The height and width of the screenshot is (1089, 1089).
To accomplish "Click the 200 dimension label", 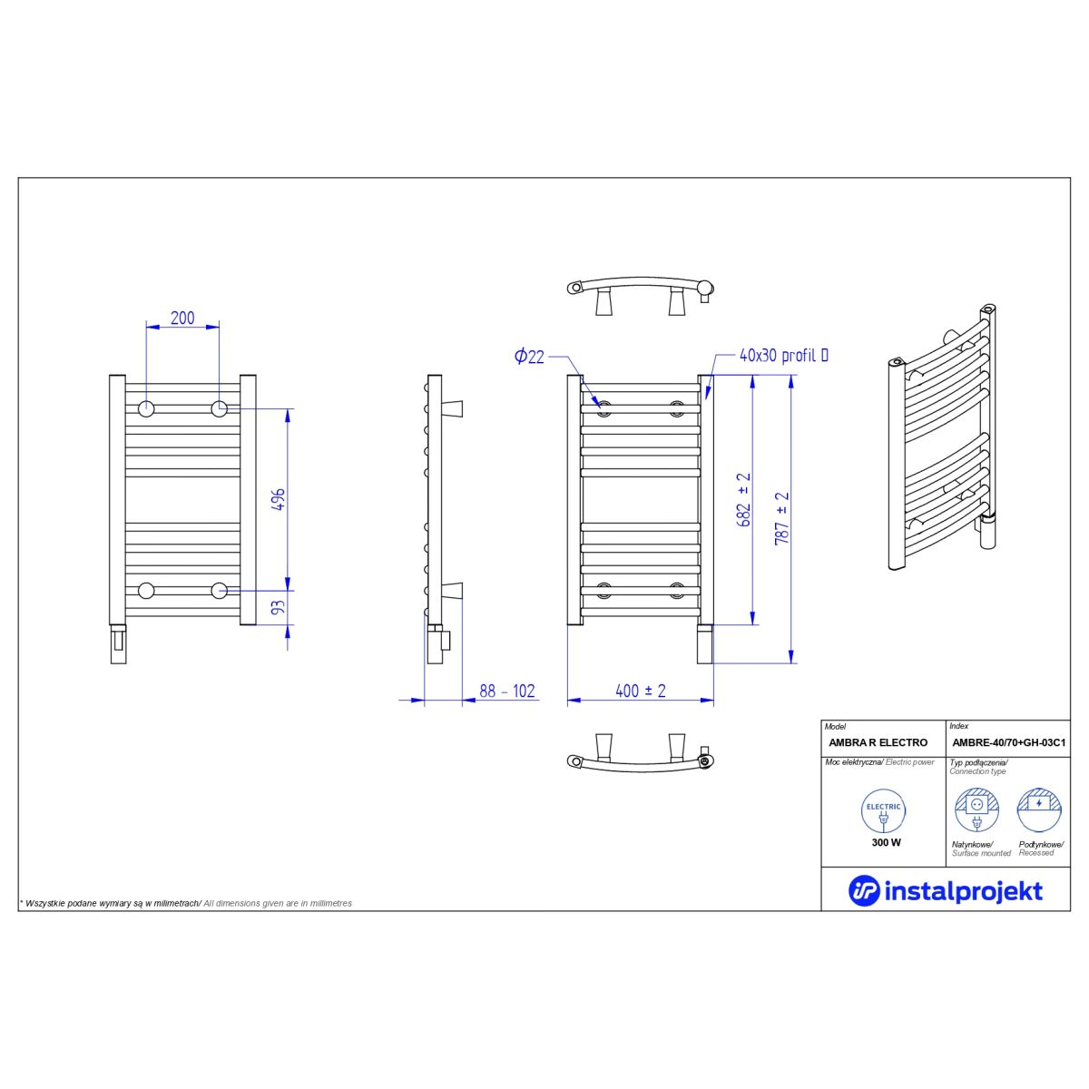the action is tap(182, 318).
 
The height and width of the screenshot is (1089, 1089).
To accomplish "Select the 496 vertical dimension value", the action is tap(279, 499).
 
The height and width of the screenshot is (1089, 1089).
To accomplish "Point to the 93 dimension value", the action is tap(279, 607).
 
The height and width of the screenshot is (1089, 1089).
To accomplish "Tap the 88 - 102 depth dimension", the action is tap(507, 691).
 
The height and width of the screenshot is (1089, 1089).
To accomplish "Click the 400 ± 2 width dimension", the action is tap(641, 691).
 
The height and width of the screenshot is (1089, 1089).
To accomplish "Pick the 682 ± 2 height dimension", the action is tap(744, 500).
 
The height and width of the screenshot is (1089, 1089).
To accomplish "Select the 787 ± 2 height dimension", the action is tap(781, 518).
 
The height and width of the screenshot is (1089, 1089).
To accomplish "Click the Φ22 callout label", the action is tap(529, 357).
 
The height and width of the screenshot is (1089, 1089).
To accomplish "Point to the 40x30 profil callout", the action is tap(784, 356).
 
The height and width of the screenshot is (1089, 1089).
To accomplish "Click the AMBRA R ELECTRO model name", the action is tap(878, 742).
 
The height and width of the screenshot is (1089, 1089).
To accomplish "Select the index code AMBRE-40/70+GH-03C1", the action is tap(1009, 742).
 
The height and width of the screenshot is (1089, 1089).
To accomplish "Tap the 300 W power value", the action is tap(886, 842).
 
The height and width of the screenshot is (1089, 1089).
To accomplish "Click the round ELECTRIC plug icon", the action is tap(883, 811).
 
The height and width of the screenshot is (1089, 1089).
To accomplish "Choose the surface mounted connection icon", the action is tap(976, 810).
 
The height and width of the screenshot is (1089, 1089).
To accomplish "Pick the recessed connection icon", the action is tap(1039, 810).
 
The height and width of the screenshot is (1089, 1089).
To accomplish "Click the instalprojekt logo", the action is tap(946, 891).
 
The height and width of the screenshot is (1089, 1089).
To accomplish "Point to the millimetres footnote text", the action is tap(186, 904).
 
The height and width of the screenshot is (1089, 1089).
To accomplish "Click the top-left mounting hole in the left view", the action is tap(146, 408).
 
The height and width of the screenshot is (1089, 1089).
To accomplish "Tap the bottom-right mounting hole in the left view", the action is tap(220, 591).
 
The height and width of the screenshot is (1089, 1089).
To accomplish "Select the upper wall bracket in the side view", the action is tap(452, 408).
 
